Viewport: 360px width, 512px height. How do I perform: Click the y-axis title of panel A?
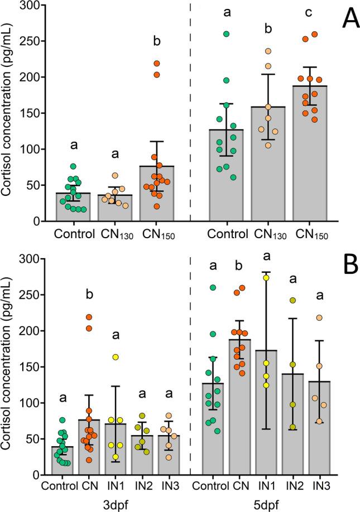coord(8,112)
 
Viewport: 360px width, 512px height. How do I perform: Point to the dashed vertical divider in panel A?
coord(190,112)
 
